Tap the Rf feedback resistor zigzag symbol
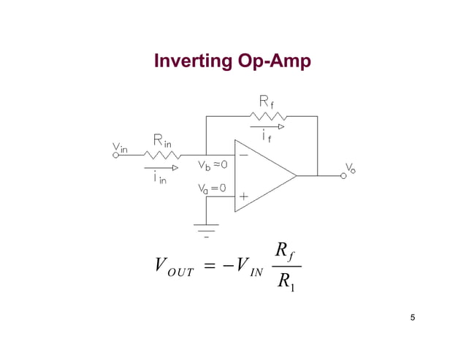point(268,116)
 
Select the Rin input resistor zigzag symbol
point(163,154)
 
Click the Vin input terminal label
point(120,148)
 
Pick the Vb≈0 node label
point(213,164)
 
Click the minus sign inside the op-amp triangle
point(243,156)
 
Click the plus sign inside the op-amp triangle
point(244,196)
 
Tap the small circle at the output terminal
point(343,176)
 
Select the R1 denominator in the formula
point(286,281)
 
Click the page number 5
point(413,316)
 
